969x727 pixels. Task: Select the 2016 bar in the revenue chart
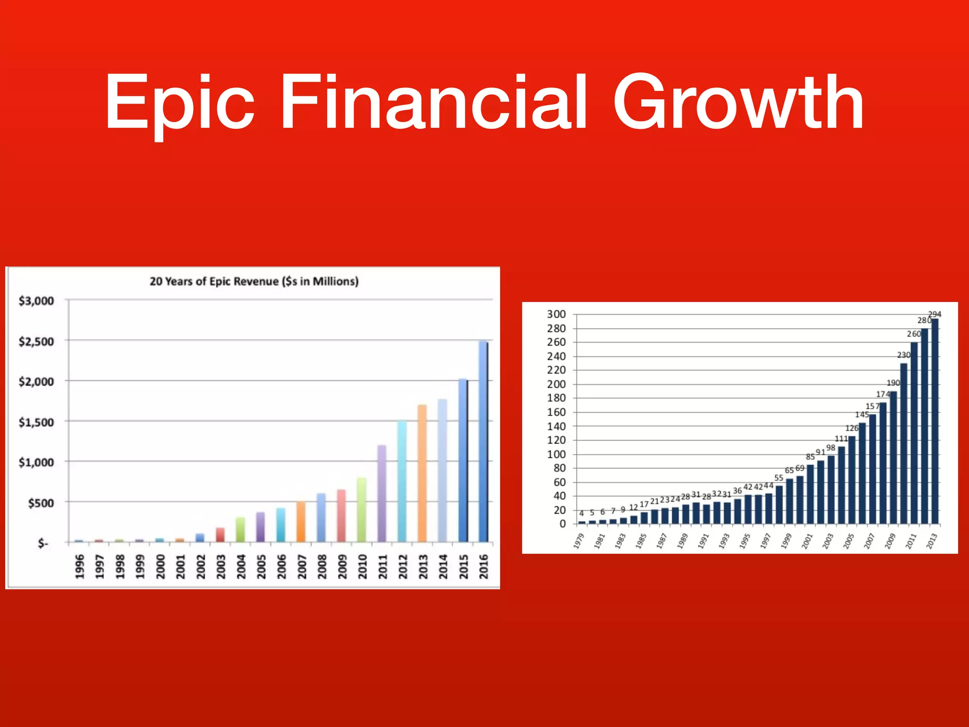[x=483, y=441]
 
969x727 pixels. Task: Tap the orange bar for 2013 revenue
[x=422, y=473]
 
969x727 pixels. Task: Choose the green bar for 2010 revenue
[x=361, y=510]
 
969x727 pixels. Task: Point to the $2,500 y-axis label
[x=36, y=341]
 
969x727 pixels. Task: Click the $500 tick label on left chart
[x=41, y=503]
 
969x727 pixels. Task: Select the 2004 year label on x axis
[x=241, y=567]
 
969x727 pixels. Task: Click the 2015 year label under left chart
[x=463, y=567]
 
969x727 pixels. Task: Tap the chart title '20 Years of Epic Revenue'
[x=254, y=281]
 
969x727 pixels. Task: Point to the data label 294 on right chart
[x=934, y=314]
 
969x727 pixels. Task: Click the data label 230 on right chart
[x=903, y=355]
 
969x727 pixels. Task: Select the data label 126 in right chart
[x=852, y=428]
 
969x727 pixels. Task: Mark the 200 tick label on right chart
[x=556, y=384]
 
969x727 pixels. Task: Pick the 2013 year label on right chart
[x=932, y=541]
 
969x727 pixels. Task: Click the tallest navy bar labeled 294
[x=935, y=421]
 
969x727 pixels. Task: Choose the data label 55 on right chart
[x=779, y=478]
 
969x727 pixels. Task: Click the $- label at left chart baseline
[x=43, y=543]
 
